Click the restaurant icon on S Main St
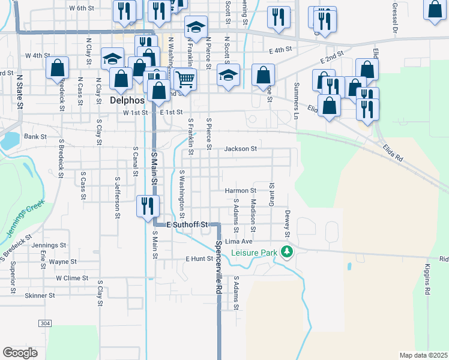click(x=147, y=206)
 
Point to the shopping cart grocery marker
click(x=185, y=78)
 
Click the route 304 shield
click(x=45, y=323)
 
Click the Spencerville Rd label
click(x=218, y=266)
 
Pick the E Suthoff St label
click(x=187, y=224)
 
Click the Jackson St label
click(x=241, y=149)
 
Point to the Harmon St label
click(x=241, y=191)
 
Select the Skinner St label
click(x=40, y=295)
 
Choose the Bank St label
click(x=35, y=137)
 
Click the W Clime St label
click(x=72, y=278)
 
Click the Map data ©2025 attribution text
click(x=423, y=355)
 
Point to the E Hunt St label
click(x=199, y=259)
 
